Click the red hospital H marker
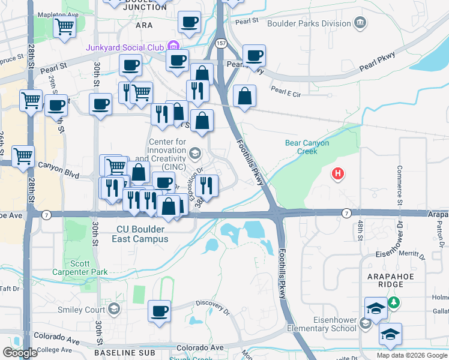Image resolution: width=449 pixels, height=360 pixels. [x=339, y=174]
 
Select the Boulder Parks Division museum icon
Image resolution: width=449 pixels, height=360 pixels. [x=360, y=23]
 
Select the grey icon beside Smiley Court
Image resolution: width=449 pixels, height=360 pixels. [x=113, y=310]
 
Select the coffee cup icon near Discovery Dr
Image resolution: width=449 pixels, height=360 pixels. [x=159, y=311]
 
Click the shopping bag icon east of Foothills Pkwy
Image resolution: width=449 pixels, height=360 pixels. [x=245, y=95]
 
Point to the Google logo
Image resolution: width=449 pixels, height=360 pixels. [x=20, y=353]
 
